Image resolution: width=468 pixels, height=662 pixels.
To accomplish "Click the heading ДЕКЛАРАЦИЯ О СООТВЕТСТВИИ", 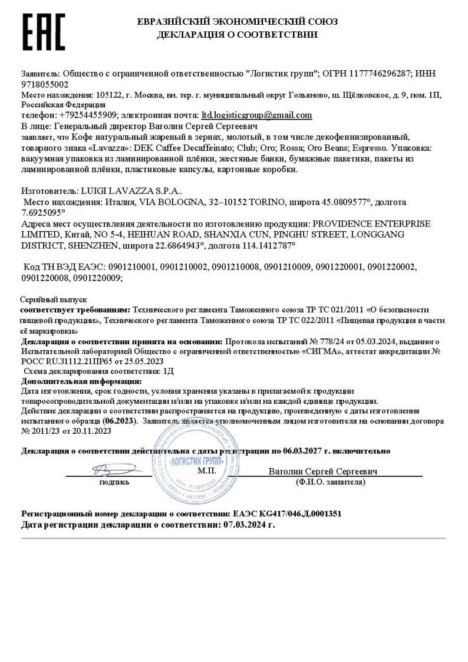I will click(x=237, y=35).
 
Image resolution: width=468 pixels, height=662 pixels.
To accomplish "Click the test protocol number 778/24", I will click(x=298, y=341).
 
